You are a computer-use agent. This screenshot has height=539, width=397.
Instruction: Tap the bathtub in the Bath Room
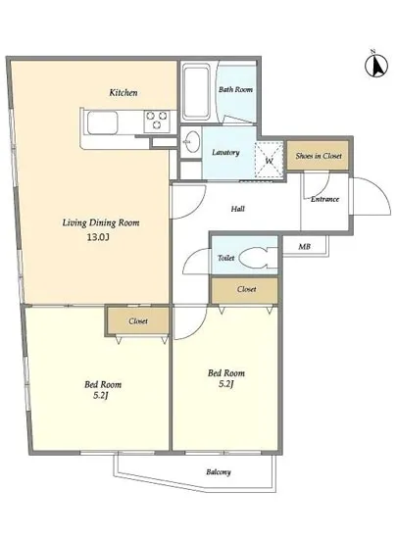[x=196, y=92]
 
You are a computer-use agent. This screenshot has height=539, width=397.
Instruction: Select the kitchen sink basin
[x=102, y=122]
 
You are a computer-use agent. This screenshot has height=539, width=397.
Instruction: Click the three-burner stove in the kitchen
[x=157, y=121]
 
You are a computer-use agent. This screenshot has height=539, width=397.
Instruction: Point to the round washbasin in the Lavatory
[x=191, y=142]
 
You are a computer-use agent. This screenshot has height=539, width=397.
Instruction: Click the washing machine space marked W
[x=270, y=160]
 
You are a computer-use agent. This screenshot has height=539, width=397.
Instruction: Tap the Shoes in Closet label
[x=319, y=156]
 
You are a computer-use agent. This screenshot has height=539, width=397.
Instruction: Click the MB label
[x=304, y=246]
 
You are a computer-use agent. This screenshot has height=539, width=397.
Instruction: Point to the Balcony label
[x=219, y=472]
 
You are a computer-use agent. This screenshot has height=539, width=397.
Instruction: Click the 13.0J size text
[x=98, y=237]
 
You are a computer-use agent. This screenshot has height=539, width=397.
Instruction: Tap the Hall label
[x=238, y=209]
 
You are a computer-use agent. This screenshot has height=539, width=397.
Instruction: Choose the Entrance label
[x=324, y=199]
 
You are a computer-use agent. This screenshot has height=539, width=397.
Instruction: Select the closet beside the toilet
[x=245, y=290]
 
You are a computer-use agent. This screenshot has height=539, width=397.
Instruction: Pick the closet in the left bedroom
[x=138, y=320]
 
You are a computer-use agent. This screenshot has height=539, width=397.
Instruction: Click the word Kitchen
[x=124, y=92]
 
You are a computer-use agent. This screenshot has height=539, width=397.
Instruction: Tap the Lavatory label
[x=225, y=152]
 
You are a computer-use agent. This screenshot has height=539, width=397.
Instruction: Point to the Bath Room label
[x=236, y=89]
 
